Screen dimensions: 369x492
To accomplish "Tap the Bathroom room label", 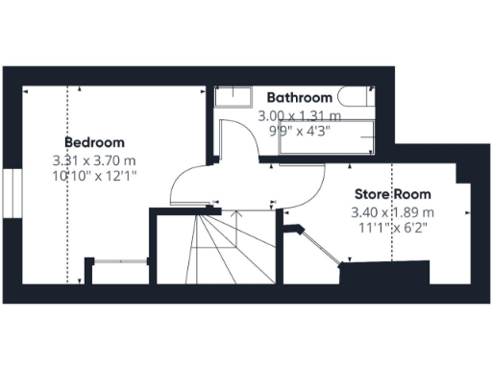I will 300,98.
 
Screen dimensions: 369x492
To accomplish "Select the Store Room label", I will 393,194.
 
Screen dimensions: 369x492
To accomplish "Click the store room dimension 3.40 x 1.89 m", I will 393,211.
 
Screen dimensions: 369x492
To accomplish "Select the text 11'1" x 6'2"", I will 393,228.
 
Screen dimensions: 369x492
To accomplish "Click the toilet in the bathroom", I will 355,98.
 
